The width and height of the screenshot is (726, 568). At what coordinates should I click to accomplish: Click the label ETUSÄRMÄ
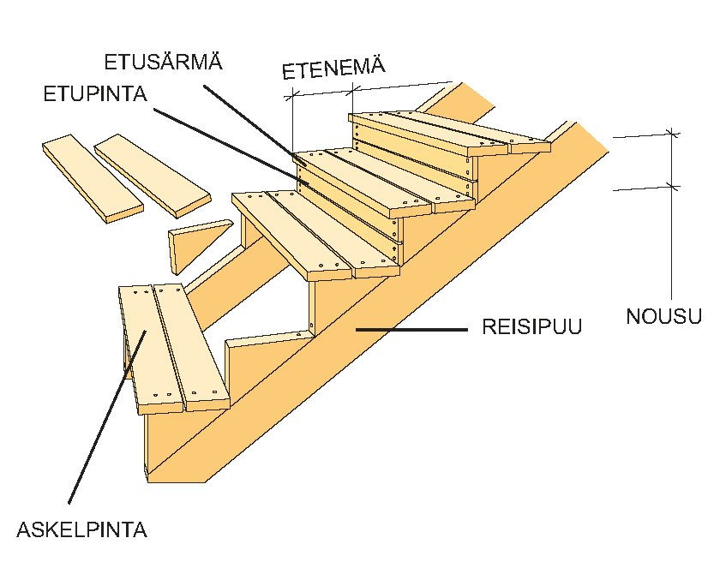[163, 62]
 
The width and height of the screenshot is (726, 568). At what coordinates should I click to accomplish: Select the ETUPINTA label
[95, 93]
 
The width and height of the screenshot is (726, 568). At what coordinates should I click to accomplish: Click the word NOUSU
[663, 316]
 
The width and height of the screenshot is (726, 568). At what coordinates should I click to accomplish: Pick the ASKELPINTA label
[81, 529]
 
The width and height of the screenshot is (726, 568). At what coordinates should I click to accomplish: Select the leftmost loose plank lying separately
[92, 178]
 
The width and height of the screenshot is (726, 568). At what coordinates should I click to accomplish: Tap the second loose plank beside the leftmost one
[152, 174]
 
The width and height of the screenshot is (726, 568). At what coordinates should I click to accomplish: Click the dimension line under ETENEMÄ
[369, 90]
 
